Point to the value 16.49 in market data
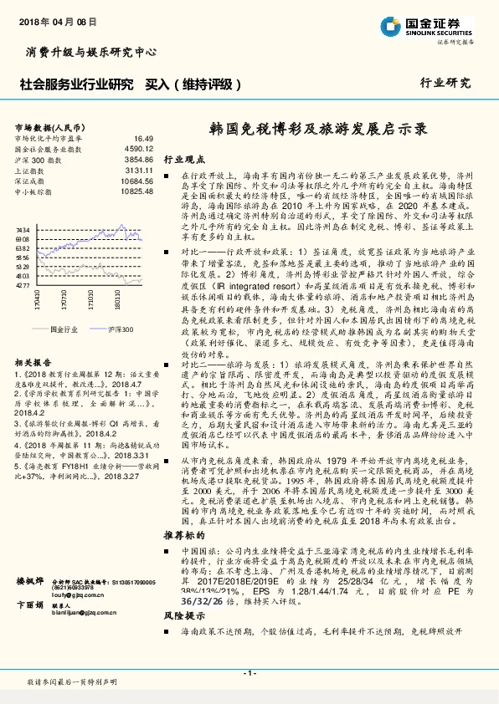pyautogui.click(x=143, y=138)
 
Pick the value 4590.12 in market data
pyautogui.click(x=138, y=148)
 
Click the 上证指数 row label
pyautogui.click(x=31, y=168)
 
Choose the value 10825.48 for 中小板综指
pyautogui.click(x=136, y=188)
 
